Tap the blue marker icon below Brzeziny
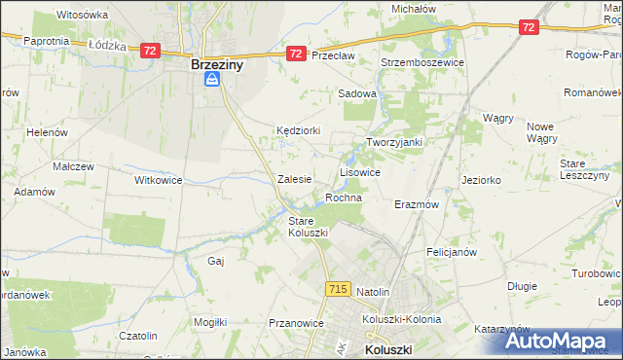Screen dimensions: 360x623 tap(211, 83)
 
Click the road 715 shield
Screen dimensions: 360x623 tap(338, 289)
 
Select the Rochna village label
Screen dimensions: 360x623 tap(344, 198)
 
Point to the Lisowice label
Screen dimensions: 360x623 tap(359, 171)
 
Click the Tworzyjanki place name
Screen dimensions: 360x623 tap(394, 142)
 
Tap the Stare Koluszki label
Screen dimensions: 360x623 tap(308, 227)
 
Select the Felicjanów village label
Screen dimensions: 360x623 tap(451, 251)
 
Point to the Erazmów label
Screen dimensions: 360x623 tap(417, 205)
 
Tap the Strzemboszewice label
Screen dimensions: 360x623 tap(424, 61)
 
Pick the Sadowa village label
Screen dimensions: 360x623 tap(356, 93)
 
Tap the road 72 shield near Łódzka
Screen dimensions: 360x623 tap(149, 50)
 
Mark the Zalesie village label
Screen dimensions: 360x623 tap(294, 179)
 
